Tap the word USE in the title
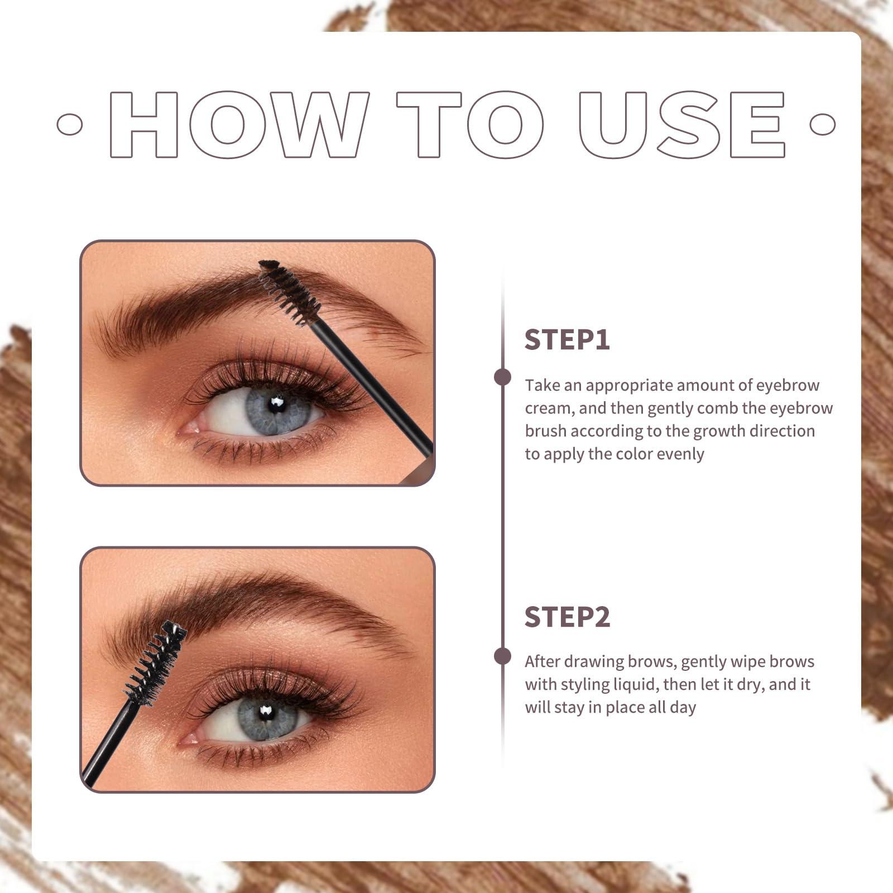682,124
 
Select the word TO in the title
470,124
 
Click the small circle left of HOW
70,124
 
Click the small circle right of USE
823,124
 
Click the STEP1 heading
567,340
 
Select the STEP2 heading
568,617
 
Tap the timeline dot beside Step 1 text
502,377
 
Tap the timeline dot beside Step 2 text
502,656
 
